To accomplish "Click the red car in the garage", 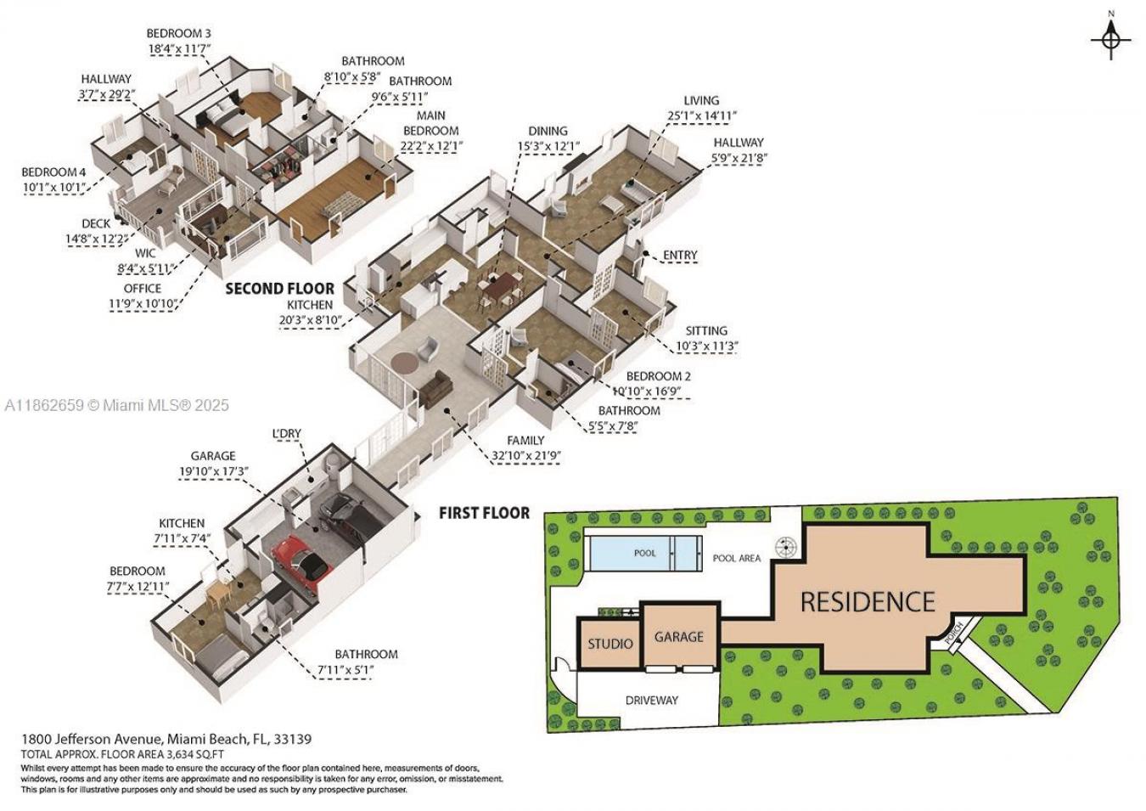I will pyautogui.click(x=297, y=561).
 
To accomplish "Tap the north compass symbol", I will pyautogui.click(x=1111, y=39).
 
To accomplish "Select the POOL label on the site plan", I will pyautogui.click(x=645, y=553).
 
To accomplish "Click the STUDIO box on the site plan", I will pyautogui.click(x=610, y=644).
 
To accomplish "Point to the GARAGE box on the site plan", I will pyautogui.click(x=679, y=636).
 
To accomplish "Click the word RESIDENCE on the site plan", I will pyautogui.click(x=867, y=602).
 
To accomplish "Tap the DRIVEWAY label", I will pyautogui.click(x=652, y=700).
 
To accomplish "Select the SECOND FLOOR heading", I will pyautogui.click(x=279, y=289).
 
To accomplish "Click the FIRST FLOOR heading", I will pyautogui.click(x=484, y=513).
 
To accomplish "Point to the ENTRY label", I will pyautogui.click(x=680, y=255).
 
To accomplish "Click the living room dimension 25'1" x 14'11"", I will pyautogui.click(x=702, y=115).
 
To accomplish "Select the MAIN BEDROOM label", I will pyautogui.click(x=431, y=123).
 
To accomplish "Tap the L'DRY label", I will pyautogui.click(x=287, y=434).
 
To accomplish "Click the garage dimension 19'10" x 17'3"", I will pyautogui.click(x=213, y=471).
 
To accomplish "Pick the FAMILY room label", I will pyautogui.click(x=525, y=440).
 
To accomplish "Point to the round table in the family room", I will pyautogui.click(x=406, y=362).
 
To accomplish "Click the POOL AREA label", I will pyautogui.click(x=736, y=558).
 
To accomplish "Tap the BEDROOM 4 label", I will pyautogui.click(x=53, y=172).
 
